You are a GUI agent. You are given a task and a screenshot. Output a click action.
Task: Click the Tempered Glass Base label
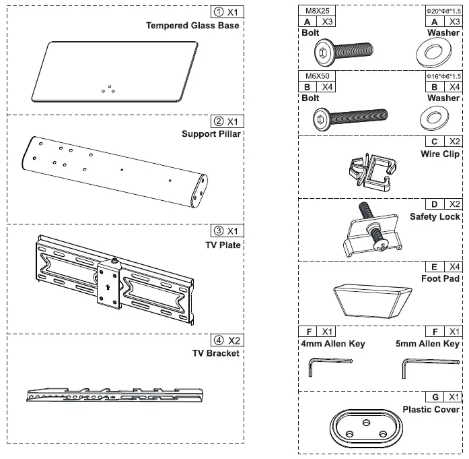(192, 26)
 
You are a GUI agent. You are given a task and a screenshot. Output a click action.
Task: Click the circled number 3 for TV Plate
(216, 231)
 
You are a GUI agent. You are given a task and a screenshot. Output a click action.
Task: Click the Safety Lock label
(435, 217)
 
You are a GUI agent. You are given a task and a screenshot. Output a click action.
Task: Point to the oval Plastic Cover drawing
(365, 427)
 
